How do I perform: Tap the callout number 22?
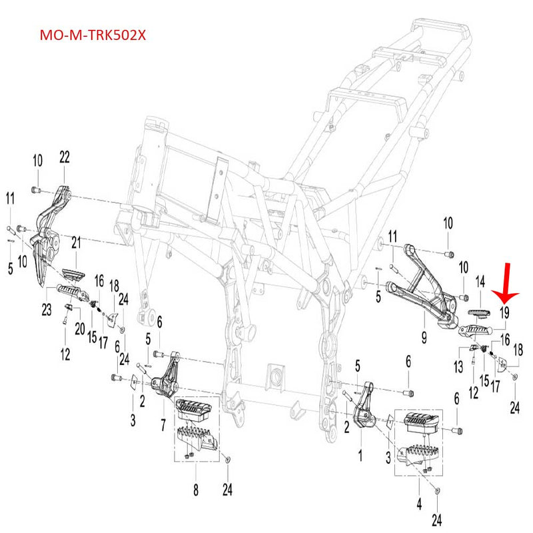64,157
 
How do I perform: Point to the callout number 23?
48,308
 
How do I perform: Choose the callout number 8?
195,491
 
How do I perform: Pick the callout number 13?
458,366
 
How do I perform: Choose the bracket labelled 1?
363,410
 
